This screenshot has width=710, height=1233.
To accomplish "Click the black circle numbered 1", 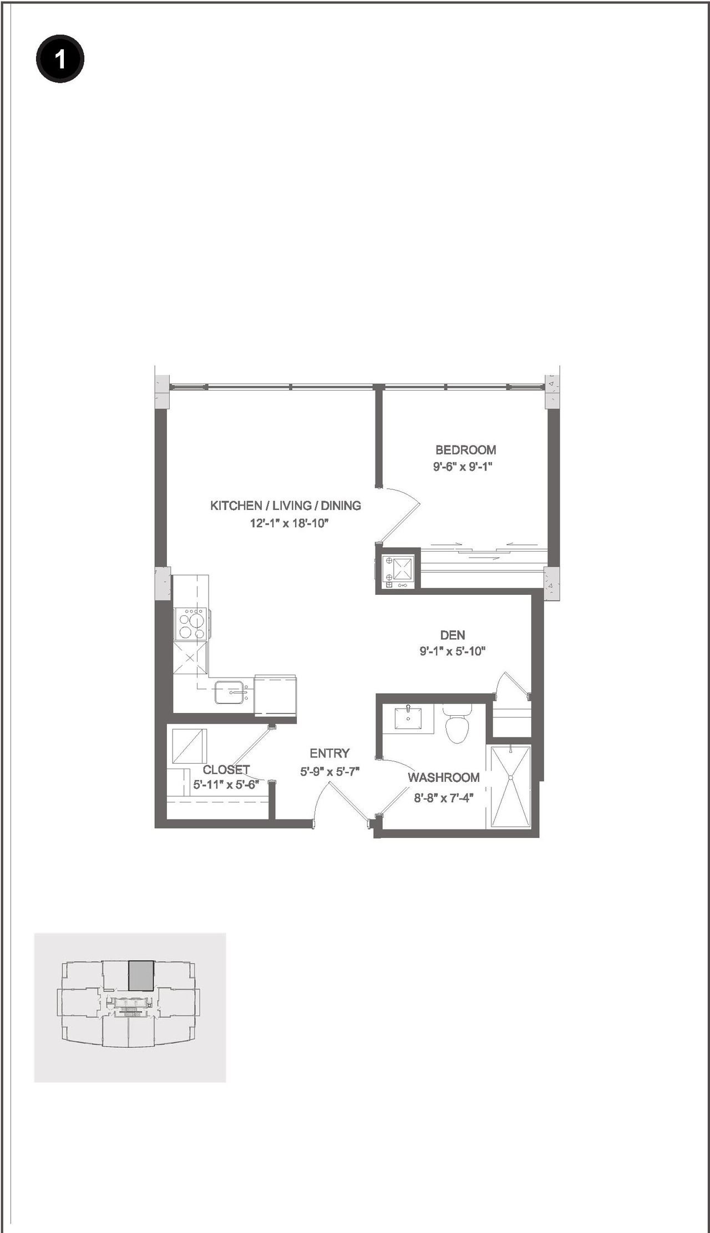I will pos(60,59).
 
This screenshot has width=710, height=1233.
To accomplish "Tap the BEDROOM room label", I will pos(465,450).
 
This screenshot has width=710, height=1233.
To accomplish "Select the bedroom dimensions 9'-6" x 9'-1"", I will pos(463,467).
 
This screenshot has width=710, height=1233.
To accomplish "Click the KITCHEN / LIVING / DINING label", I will pos(285,506).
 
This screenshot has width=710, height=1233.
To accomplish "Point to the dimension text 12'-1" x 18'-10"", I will pos(289,523).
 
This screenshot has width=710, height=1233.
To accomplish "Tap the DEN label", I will pos(452,635).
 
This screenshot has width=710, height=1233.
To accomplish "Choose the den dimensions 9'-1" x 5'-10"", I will pos(452,651).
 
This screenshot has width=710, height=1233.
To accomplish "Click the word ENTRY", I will pos(329,753).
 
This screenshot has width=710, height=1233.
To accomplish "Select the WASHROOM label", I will pos(443,777).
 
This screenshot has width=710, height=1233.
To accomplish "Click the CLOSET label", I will pos(226,770).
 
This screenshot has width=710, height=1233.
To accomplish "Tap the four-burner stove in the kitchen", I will pos(191,624).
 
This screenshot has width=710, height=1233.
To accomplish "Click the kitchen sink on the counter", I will pos(231,692).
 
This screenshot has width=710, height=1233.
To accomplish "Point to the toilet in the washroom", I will pos(458,724).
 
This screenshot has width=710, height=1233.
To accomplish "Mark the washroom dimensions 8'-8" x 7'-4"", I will pos(443,799).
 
